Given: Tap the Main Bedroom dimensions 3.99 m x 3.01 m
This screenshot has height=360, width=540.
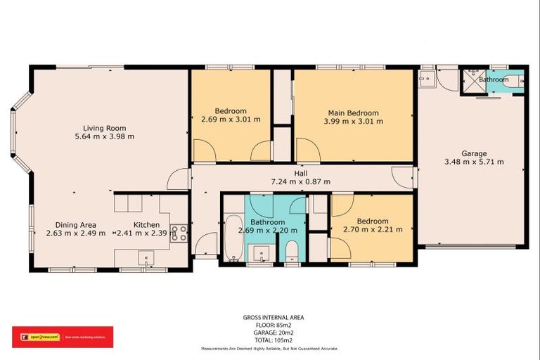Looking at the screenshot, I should tap(353, 122).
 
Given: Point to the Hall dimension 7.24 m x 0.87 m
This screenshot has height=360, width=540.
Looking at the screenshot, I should tap(301, 181).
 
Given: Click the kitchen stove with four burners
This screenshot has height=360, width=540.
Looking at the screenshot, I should tap(179, 233).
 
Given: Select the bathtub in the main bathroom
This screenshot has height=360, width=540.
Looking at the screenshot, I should tap(233, 238).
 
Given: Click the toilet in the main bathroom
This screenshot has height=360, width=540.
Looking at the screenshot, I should tap(292, 250).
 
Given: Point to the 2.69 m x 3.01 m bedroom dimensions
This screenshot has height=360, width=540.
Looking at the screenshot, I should tap(231, 120).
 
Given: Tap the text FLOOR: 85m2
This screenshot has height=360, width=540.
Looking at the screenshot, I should tap(269, 325).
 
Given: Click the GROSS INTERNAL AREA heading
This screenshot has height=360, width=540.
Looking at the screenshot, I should tap(269, 318).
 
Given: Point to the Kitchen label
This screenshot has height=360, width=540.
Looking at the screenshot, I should tap(147, 225).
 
